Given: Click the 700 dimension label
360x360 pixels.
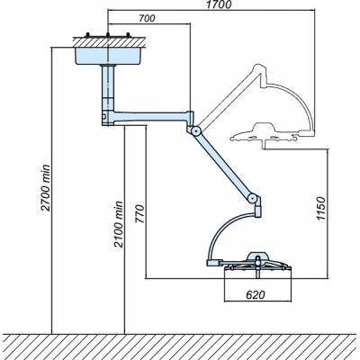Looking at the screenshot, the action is (x=147, y=18).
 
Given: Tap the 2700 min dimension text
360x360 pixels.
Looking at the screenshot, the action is (x=46, y=187).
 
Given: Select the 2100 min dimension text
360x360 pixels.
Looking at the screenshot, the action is (x=119, y=224).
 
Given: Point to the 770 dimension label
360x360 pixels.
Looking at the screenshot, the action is (x=139, y=214).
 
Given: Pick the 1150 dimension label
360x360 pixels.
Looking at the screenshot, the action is (x=321, y=209).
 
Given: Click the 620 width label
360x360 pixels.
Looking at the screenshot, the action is (x=256, y=295).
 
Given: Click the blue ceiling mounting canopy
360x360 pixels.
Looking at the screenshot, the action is (x=109, y=56).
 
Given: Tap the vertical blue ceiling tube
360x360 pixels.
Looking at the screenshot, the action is (x=108, y=87).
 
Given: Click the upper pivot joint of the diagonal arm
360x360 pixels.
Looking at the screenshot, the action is (x=196, y=130).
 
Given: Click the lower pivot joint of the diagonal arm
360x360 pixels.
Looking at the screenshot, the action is (x=253, y=198).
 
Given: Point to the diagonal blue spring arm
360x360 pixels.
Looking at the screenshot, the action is (x=224, y=165).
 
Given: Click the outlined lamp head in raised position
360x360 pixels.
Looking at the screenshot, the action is (x=264, y=133).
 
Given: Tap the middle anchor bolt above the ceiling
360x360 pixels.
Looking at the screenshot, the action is (x=107, y=34).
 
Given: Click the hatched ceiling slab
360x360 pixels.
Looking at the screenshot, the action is (x=109, y=42).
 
